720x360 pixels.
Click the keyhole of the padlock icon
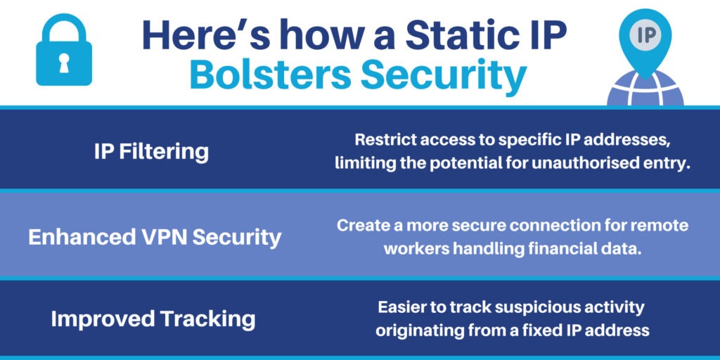tap(64, 63)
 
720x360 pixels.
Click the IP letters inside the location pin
tap(645, 35)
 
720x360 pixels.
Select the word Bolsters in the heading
tap(271, 75)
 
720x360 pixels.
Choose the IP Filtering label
tap(152, 152)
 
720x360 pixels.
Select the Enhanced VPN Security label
tap(155, 238)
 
